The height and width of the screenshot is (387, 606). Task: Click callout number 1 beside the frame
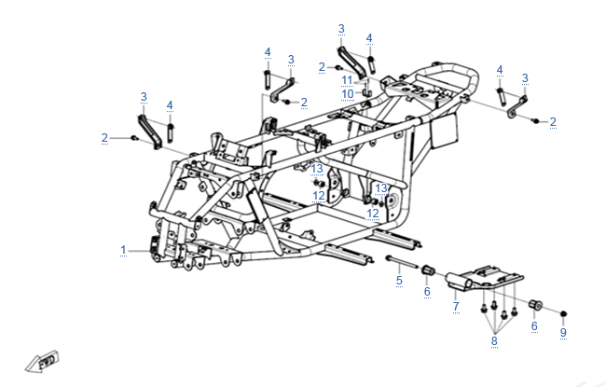point(122,250)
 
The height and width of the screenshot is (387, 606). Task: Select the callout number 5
point(399,279)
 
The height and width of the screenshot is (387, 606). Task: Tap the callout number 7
point(455,305)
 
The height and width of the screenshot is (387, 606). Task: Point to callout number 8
point(494,341)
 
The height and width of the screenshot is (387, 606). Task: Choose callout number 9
point(563,332)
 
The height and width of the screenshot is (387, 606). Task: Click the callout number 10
point(347,93)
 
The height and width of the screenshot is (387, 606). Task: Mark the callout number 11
point(347,79)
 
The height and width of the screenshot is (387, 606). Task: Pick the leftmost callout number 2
point(105,138)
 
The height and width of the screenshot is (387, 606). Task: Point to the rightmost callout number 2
point(553,121)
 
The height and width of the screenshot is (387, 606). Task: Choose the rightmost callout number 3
point(525,78)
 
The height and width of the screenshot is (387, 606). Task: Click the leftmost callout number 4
point(170,104)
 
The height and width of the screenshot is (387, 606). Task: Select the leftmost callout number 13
point(317,168)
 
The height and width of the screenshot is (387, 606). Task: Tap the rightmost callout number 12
point(372,214)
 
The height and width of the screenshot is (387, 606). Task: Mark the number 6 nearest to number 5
point(427,291)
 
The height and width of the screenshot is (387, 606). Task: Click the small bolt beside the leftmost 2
point(134,138)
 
